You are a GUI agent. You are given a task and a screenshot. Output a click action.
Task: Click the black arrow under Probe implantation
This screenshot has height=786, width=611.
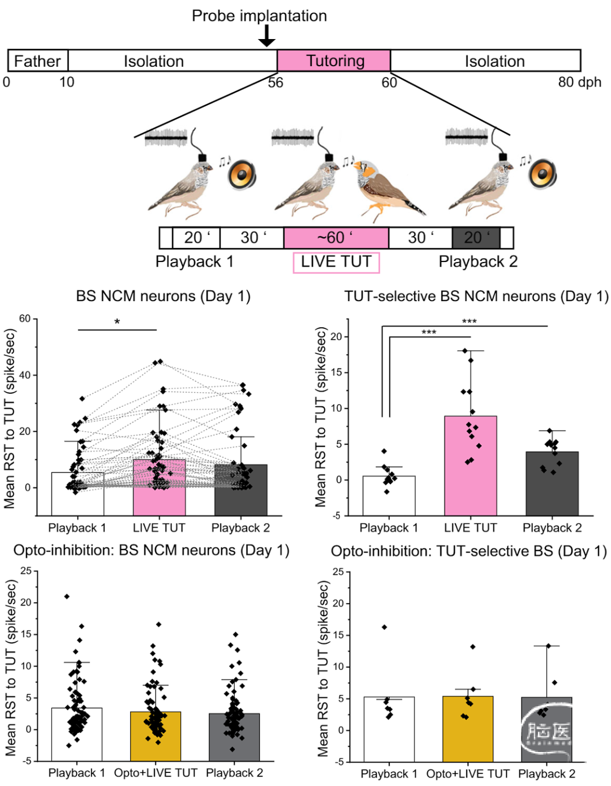point(266,36)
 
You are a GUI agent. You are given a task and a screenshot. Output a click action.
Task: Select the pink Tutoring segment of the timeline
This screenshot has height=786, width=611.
point(334,61)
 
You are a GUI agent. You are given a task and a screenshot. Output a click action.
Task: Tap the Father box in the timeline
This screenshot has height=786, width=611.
point(37,61)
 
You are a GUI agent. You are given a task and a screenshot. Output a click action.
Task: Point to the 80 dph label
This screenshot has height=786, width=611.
point(579,82)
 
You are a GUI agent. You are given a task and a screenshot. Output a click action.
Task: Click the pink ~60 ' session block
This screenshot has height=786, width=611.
point(336,238)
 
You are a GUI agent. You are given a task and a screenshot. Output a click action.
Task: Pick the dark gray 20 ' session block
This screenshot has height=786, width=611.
point(476,238)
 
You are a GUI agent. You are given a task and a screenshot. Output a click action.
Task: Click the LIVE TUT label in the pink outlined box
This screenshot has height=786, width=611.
point(336,262)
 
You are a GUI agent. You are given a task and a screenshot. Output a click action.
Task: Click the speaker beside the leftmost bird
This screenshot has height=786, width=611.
point(242,175)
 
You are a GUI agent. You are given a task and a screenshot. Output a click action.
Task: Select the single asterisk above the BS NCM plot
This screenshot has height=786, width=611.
point(117,322)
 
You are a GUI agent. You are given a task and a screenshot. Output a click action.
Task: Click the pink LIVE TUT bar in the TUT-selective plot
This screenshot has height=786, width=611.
point(470,464)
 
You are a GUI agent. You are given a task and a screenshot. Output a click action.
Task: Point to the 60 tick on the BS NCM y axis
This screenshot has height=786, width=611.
point(24,319)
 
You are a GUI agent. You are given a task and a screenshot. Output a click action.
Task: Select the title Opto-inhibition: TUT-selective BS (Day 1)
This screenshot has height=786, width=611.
point(468,551)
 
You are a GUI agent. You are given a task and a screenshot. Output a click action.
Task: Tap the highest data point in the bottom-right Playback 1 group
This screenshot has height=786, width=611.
point(384,627)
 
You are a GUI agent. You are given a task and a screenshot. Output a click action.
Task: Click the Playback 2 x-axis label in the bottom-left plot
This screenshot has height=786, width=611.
point(234,773)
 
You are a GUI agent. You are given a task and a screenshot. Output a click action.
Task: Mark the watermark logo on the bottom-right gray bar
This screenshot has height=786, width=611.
point(547,733)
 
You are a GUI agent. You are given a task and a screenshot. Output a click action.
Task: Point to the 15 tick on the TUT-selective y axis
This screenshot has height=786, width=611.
point(336,372)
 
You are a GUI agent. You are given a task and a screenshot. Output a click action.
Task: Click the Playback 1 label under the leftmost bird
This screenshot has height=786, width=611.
point(194,262)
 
